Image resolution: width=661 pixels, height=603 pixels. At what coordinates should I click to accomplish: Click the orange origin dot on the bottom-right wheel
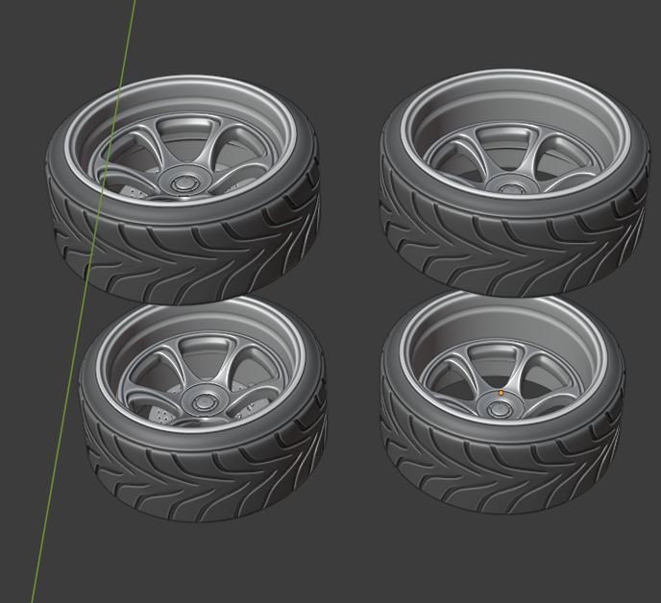501,393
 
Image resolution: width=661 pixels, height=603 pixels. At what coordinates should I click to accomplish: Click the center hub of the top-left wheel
181,182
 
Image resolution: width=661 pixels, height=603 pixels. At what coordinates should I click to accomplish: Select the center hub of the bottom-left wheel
203,400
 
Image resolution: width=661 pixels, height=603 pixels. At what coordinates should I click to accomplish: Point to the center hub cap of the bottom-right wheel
500,408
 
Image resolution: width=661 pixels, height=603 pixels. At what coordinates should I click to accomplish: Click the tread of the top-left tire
183,250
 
